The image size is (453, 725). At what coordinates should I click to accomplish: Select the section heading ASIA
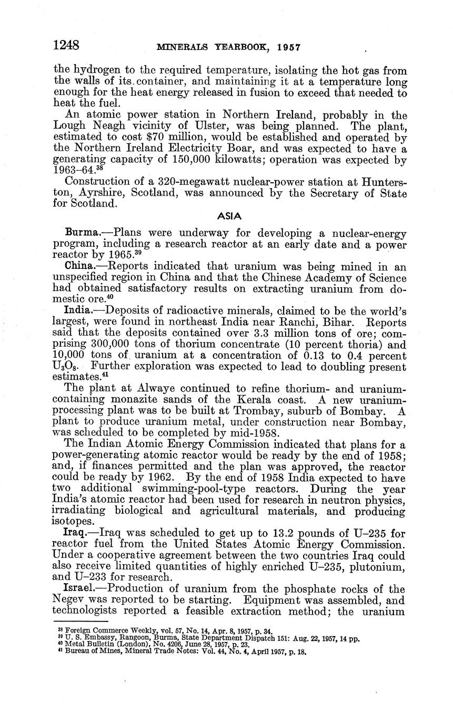coord(229,216)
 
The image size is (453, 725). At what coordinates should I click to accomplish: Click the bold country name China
coord(79,266)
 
